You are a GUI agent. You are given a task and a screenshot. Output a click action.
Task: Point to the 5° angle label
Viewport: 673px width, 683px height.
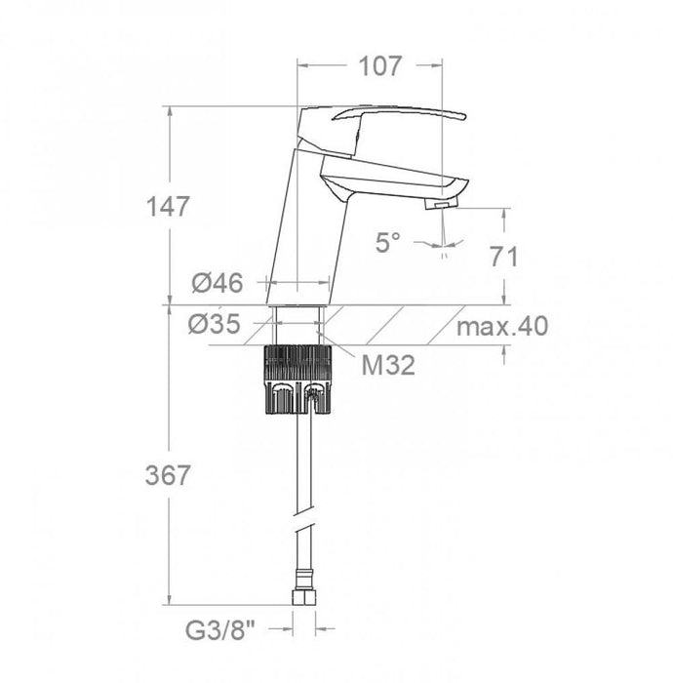pos(387,242)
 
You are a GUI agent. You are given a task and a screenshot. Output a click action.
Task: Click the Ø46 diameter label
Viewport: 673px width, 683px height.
pos(217,284)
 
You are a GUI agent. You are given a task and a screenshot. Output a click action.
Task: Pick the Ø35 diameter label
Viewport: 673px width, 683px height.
pos(217,324)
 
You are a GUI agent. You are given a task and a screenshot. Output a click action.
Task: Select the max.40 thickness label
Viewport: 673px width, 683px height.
pos(502,325)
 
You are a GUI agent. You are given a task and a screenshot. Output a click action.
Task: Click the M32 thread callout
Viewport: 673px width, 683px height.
pos(388,366)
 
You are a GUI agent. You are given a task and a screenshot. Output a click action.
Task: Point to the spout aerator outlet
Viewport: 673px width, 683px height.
pos(441,202)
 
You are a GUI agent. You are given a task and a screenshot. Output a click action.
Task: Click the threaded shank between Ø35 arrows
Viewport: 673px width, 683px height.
pos(297,324)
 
